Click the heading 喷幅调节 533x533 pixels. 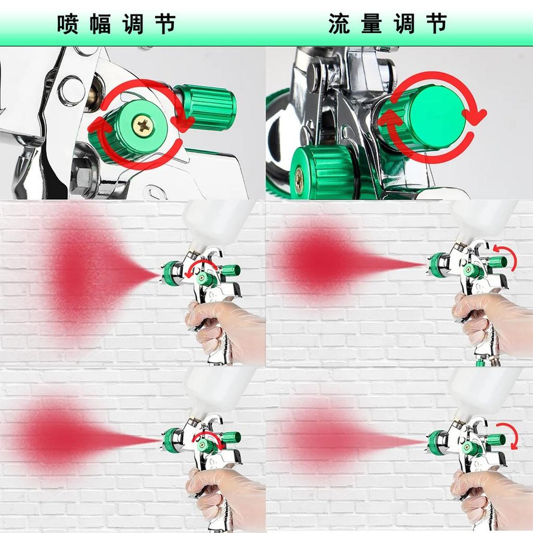tap(116, 24)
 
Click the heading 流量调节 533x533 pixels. tap(388, 24)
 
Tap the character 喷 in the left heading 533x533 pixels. tap(68, 24)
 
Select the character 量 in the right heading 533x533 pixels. tap(371, 24)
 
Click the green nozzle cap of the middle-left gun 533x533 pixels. tap(170, 274)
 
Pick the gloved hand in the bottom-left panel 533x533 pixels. tap(219, 492)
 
